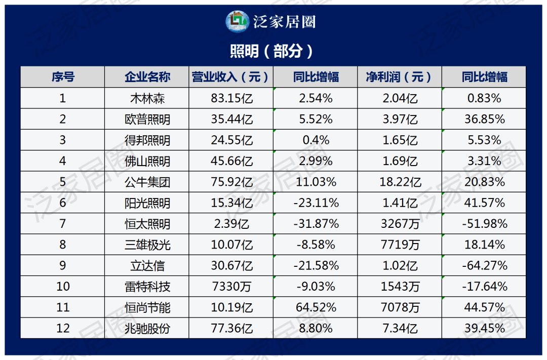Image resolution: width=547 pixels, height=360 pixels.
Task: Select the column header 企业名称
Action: click(x=147, y=77)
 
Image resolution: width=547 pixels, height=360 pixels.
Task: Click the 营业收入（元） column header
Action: click(x=231, y=77)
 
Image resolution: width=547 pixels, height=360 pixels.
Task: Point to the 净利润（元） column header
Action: click(x=399, y=77)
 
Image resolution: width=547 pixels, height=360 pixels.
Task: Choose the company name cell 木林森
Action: click(x=147, y=98)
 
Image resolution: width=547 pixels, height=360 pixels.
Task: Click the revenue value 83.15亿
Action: click(x=231, y=98)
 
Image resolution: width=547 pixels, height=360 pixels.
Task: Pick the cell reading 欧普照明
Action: click(x=147, y=119)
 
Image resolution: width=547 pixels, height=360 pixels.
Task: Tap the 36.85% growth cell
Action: click(x=484, y=119)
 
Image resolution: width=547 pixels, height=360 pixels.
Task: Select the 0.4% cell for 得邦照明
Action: click(x=316, y=140)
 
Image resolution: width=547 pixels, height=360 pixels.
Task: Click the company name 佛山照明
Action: click(x=147, y=162)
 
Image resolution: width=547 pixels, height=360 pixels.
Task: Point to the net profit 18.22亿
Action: click(x=400, y=182)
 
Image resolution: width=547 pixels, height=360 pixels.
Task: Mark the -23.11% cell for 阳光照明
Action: click(x=316, y=203)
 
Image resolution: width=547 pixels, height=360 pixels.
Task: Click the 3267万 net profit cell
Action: click(x=400, y=224)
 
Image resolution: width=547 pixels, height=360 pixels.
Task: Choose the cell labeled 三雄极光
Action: click(x=147, y=245)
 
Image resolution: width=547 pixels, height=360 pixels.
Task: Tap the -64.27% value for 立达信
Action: click(x=484, y=266)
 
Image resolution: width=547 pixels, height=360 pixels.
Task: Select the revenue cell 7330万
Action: click(x=231, y=287)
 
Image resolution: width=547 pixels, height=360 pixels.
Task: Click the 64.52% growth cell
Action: click(x=316, y=307)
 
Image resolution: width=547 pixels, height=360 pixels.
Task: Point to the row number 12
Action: click(x=63, y=329)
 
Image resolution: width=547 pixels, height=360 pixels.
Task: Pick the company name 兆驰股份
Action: click(x=147, y=329)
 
